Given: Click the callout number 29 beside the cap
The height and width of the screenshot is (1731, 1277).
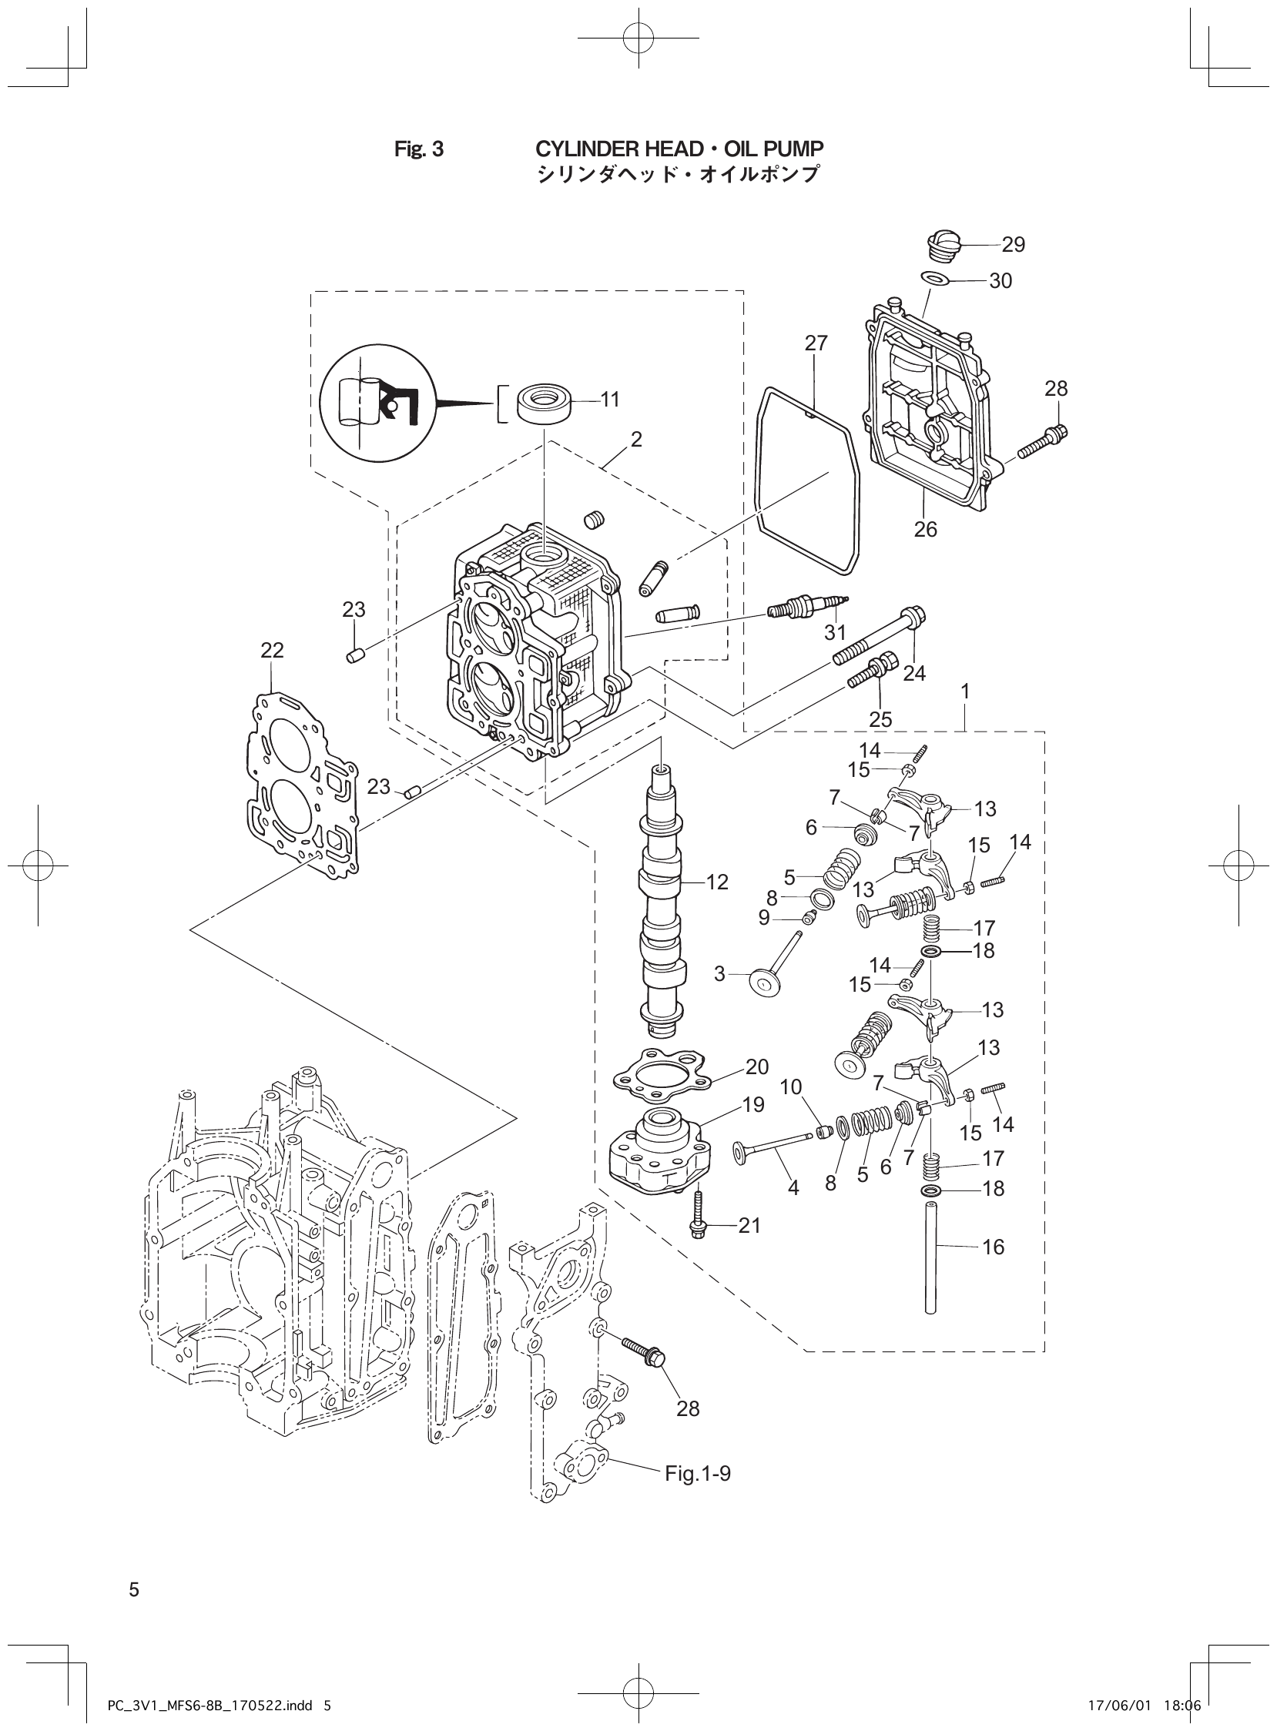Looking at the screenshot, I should pos(1013,245).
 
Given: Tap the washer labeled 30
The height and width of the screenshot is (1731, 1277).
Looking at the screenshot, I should pos(933,277).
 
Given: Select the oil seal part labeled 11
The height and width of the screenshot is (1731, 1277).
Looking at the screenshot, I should pos(547,402).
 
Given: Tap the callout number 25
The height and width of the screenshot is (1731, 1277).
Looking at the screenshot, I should pos(880,719).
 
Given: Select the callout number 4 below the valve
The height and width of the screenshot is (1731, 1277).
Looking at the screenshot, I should pos(793,1187).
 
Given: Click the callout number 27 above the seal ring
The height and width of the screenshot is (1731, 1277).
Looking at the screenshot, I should pos(816,343).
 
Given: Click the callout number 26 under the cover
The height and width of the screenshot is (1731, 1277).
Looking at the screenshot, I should pos(925,529).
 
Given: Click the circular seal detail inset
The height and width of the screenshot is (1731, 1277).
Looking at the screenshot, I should pos(377,402).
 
